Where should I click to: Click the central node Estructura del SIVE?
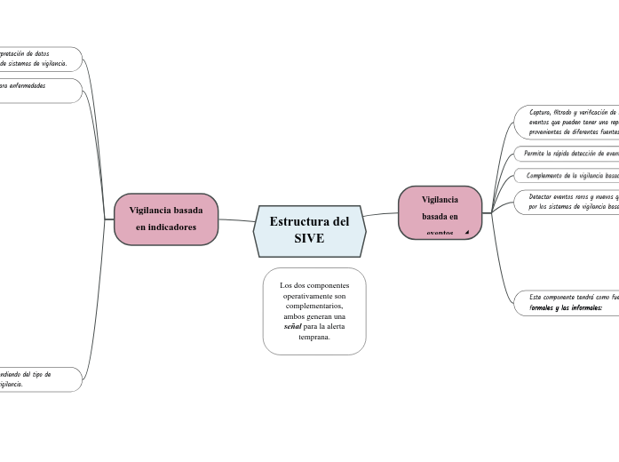pyautogui.click(x=309, y=230)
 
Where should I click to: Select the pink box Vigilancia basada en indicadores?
pyautogui.click(x=166, y=219)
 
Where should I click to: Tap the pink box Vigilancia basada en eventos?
pyautogui.click(x=440, y=212)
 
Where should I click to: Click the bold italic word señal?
pyautogui.click(x=292, y=326)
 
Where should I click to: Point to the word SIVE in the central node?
pyautogui.click(x=309, y=239)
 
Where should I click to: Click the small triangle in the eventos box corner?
pyautogui.click(x=466, y=232)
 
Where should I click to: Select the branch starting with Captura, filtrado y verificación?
pyautogui.click(x=568, y=122)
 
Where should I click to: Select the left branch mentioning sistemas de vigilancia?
pyautogui.click(x=36, y=59)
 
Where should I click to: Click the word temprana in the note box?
pyautogui.click(x=314, y=337)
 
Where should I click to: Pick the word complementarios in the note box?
pyautogui.click(x=314, y=306)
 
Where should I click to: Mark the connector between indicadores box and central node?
pyautogui.click(x=236, y=220)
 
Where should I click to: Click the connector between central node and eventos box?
pyautogui.click(x=382, y=214)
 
